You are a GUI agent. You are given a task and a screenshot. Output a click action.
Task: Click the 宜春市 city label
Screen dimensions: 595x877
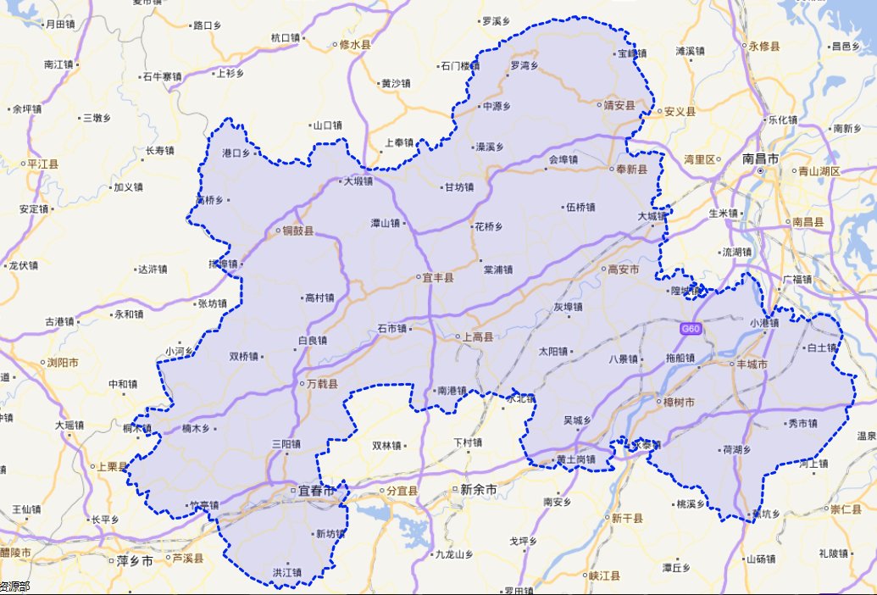pos(314,491)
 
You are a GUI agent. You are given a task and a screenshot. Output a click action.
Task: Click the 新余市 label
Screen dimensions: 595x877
pos(479,489)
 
